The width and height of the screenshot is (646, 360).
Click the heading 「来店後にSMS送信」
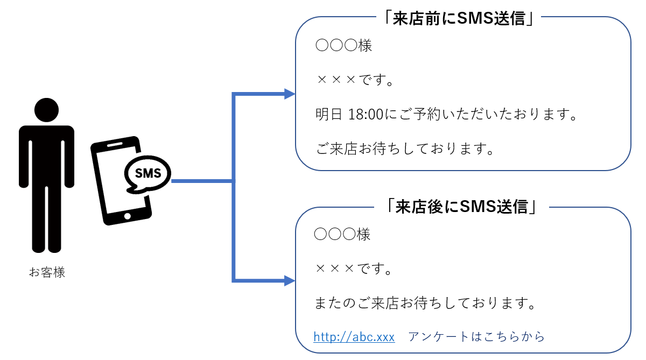coord(462,207)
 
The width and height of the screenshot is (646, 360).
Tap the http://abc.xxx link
coord(354,337)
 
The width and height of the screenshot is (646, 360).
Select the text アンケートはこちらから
coord(476,337)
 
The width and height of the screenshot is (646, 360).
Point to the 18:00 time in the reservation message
coord(366,115)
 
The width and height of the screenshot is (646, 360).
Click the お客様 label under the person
coord(47,272)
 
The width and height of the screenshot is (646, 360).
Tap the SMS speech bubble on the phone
coord(147,173)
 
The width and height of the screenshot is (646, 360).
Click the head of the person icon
coord(47,110)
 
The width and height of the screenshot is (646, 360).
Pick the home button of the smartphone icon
coord(128,216)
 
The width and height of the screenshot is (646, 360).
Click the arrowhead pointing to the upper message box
coord(290,94)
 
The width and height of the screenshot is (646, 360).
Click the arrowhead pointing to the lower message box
coord(290,280)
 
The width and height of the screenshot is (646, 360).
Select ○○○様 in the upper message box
coord(343,46)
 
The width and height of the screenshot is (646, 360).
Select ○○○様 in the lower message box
coord(342,235)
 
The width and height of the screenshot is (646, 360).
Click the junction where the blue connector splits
coord(234,181)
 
